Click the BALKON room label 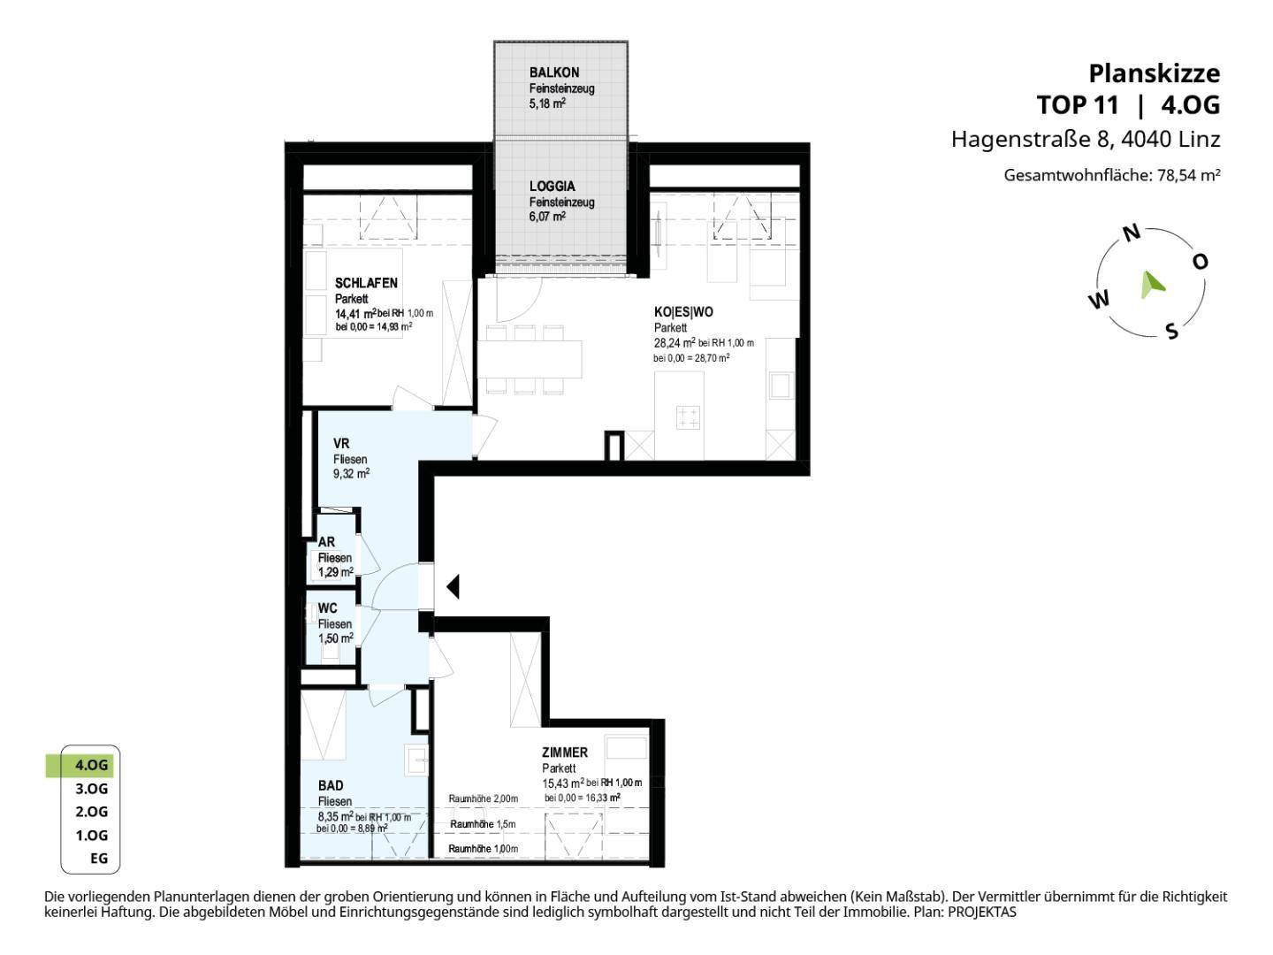[x=554, y=73]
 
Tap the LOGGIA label [x=553, y=186]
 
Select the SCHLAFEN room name [x=366, y=283]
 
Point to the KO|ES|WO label [x=683, y=312]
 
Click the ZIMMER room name [x=564, y=752]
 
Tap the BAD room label [x=331, y=785]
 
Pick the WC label [x=327, y=608]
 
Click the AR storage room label [x=326, y=541]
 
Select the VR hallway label [x=341, y=444]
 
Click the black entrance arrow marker [x=453, y=586]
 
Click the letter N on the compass [x=1131, y=233]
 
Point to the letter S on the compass [x=1172, y=331]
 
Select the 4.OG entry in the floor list [x=91, y=765]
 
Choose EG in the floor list [x=99, y=858]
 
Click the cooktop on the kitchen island [x=687, y=417]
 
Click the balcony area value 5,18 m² [x=547, y=103]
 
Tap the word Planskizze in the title [x=1155, y=73]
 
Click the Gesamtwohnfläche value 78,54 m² [x=1188, y=174]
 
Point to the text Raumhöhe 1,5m [x=483, y=824]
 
